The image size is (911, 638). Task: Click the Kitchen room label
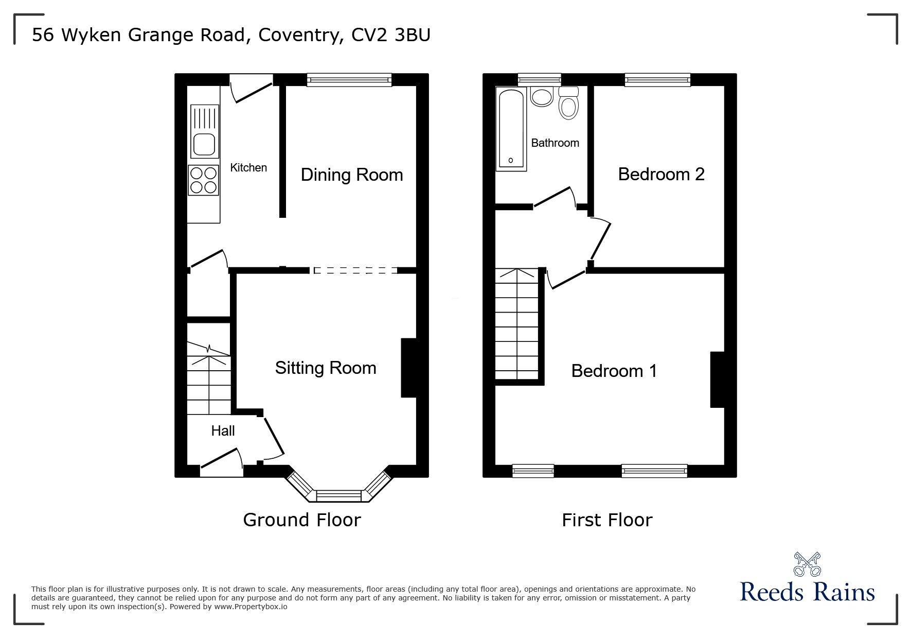(248, 168)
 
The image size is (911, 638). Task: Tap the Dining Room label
(351, 175)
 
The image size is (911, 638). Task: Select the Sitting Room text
(325, 368)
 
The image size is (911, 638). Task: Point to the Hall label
(223, 431)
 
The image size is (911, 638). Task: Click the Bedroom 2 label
(661, 175)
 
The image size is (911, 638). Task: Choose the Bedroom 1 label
(614, 371)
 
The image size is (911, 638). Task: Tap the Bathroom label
(555, 143)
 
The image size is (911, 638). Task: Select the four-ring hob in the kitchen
(204, 181)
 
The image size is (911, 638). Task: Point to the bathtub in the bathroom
(511, 129)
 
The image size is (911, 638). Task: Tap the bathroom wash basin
(541, 97)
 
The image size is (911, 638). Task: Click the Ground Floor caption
(301, 520)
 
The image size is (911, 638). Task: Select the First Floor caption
(607, 520)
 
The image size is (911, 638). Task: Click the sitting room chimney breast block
(408, 368)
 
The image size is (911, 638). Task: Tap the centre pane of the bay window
(339, 495)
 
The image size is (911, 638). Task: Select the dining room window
(349, 79)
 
